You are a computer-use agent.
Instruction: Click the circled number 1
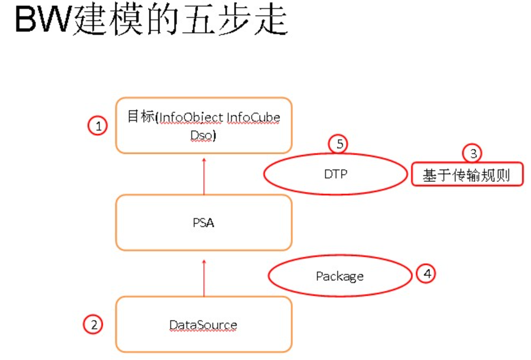tap(98, 126)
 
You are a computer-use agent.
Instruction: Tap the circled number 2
tap(94, 325)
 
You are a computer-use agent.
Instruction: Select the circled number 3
tap(473, 154)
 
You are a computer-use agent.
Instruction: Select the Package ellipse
tap(340, 276)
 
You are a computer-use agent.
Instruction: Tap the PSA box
tap(203, 223)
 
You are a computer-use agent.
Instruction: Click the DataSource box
tap(203, 325)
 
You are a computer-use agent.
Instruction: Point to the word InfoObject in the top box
tap(191, 118)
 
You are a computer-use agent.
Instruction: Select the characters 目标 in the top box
tap(140, 117)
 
